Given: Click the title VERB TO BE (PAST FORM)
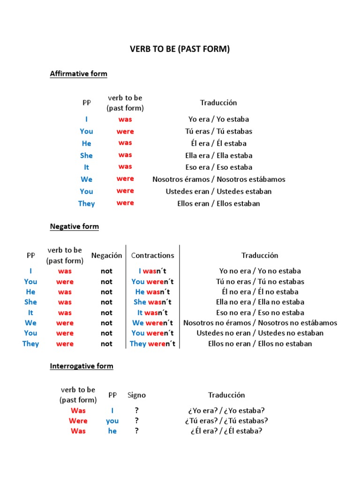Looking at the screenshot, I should tap(180, 49).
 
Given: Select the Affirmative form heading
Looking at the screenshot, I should tap(78, 74).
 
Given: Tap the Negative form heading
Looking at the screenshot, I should tap(74, 226).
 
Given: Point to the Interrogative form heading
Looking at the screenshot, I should tap(82, 366).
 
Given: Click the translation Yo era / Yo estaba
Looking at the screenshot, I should tap(218, 119).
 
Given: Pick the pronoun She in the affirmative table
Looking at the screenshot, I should tap(86, 155).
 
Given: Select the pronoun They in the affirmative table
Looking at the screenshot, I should tap(86, 203).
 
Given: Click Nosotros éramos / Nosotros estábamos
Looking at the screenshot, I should tap(218, 179).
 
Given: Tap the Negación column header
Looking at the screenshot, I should tap(106, 255).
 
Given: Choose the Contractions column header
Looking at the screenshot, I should tap(152, 255).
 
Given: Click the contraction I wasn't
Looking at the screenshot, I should tap(152, 271).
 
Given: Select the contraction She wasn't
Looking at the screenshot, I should tap(152, 302).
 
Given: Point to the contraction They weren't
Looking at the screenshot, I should tap(152, 344).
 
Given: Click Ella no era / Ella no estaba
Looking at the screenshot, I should tap(260, 302).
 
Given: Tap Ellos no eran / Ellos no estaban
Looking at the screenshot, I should tap(260, 344).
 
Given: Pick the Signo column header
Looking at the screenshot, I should tap(136, 395).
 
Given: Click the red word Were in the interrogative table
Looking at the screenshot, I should tap(78, 420).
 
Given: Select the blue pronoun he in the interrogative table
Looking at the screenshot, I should tap(112, 431).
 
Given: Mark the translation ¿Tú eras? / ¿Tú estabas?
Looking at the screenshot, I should tap(226, 420).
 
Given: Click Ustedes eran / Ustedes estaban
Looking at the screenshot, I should tap(218, 191).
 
